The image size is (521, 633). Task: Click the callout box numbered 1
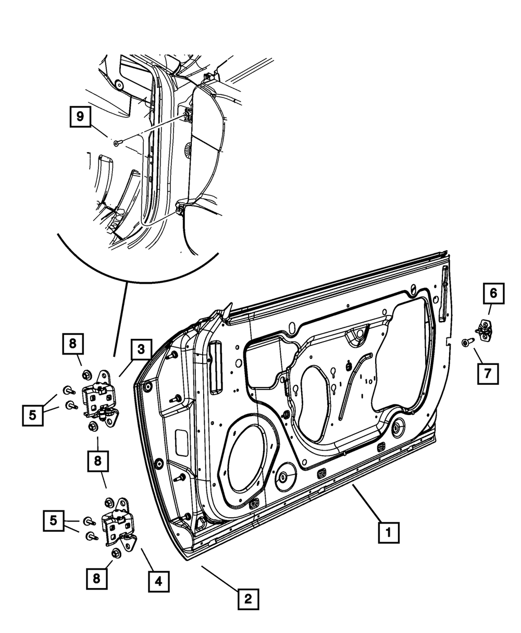[x=388, y=533]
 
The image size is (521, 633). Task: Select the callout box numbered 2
[x=248, y=599]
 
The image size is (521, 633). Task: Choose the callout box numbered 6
[x=493, y=294]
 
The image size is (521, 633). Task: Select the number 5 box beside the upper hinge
[x=33, y=416]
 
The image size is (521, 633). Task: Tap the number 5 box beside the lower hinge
[x=54, y=520]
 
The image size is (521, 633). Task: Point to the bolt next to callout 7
[x=466, y=342]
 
